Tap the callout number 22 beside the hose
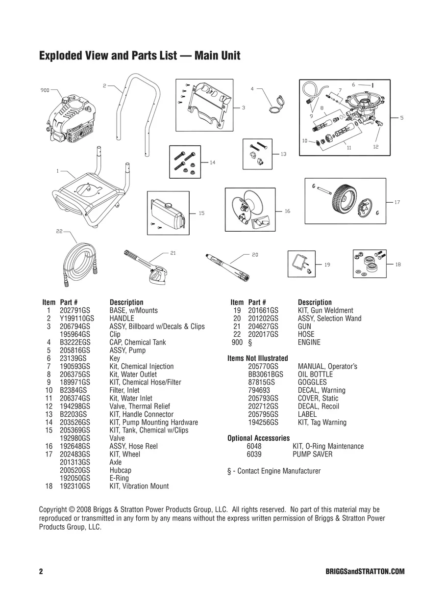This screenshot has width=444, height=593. click(59, 231)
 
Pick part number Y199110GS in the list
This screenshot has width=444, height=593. click(76, 319)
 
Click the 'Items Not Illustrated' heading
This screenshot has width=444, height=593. click(258, 358)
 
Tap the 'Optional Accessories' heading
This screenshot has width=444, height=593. click(258, 438)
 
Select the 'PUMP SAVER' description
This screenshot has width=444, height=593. click(312, 454)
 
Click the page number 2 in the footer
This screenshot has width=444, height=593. click(41, 572)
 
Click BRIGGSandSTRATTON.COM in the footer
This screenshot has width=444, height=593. click(365, 572)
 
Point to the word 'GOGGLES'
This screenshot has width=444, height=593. click(312, 382)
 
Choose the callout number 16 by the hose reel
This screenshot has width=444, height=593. click(287, 211)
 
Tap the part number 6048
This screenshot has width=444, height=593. click(255, 446)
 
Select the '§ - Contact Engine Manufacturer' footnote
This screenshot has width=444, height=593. click(274, 471)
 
